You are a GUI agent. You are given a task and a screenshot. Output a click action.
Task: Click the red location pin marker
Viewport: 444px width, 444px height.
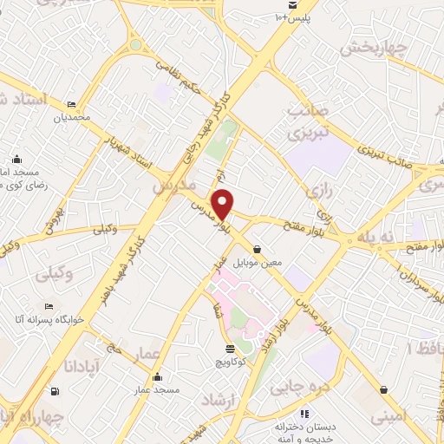[x=223, y=203]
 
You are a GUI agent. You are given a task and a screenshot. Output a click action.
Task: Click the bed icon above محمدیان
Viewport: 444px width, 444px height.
[x=71, y=103]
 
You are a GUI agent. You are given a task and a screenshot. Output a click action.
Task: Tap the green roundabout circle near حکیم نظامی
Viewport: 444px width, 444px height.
[x=135, y=44]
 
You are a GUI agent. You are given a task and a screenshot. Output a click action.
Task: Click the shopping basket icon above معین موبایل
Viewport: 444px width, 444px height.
[x=258, y=250]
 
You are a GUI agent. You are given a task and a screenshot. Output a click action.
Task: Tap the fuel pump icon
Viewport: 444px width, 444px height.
[x=55, y=390]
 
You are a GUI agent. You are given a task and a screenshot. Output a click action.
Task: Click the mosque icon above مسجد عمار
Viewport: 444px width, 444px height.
[x=157, y=377]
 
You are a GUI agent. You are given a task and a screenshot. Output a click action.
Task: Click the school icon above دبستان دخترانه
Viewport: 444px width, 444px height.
[x=304, y=415]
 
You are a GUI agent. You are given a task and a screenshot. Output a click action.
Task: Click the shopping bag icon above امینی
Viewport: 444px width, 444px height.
[x=383, y=390]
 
